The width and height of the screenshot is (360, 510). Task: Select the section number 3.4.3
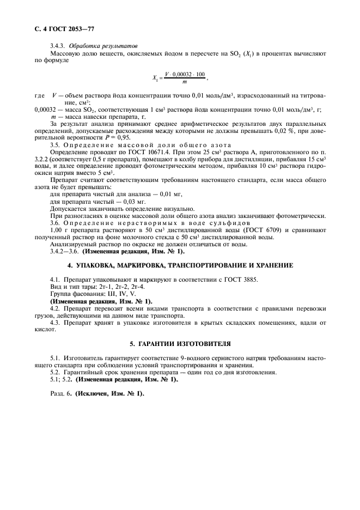[58, 46]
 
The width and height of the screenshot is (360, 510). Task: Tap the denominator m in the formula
[185, 82]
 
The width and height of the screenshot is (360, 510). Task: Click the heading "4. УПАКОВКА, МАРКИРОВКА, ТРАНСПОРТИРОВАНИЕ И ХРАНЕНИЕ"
[180, 265]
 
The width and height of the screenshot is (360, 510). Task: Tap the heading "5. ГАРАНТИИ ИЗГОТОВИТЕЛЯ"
[180, 344]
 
